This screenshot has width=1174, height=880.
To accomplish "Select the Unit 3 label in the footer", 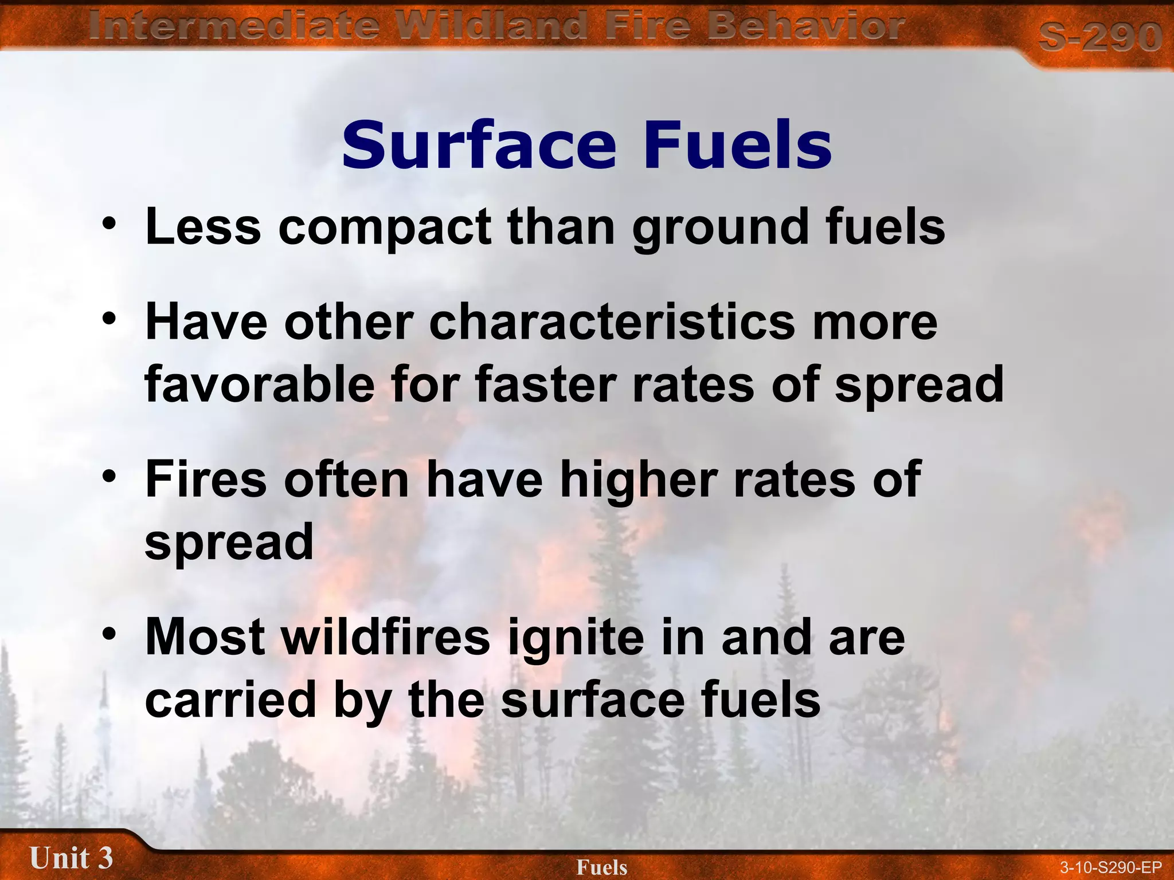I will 71,858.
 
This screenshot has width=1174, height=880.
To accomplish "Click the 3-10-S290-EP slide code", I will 1110,867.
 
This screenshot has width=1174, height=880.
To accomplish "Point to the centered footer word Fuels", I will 601,867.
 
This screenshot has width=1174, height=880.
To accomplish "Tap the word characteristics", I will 612,323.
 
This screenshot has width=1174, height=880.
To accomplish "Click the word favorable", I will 260,384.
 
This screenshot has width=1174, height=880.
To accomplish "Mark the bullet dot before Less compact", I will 109,223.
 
